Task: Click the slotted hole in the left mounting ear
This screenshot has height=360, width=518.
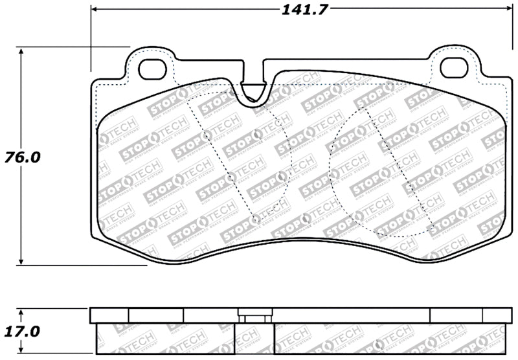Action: [153, 67]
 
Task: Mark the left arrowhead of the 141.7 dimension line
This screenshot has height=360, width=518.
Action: [95, 9]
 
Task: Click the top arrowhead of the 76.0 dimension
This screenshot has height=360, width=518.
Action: [23, 51]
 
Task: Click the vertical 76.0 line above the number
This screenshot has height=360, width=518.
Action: [23, 97]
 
